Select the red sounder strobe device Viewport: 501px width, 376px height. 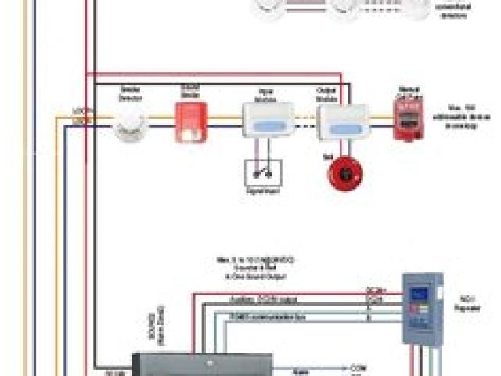point(189,121)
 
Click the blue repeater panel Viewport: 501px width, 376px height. point(421,308)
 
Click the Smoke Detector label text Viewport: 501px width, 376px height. point(129,92)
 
